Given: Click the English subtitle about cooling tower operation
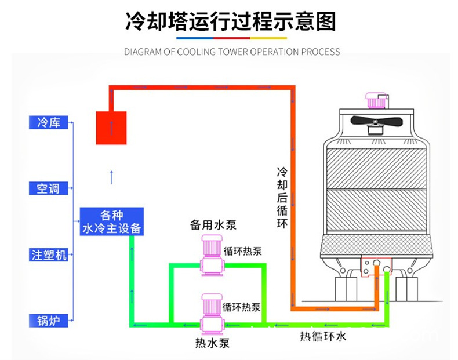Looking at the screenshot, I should [232, 52].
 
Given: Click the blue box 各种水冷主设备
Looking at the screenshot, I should [111, 220].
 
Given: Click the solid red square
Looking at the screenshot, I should [111, 127].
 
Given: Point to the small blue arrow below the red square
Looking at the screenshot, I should [111, 177].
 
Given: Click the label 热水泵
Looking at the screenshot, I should [213, 343].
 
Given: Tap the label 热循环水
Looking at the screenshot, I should [323, 336].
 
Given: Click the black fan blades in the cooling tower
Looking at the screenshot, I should [376, 122].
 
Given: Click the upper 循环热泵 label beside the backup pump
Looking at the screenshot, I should [242, 251].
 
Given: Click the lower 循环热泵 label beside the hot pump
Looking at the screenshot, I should [242, 307].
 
